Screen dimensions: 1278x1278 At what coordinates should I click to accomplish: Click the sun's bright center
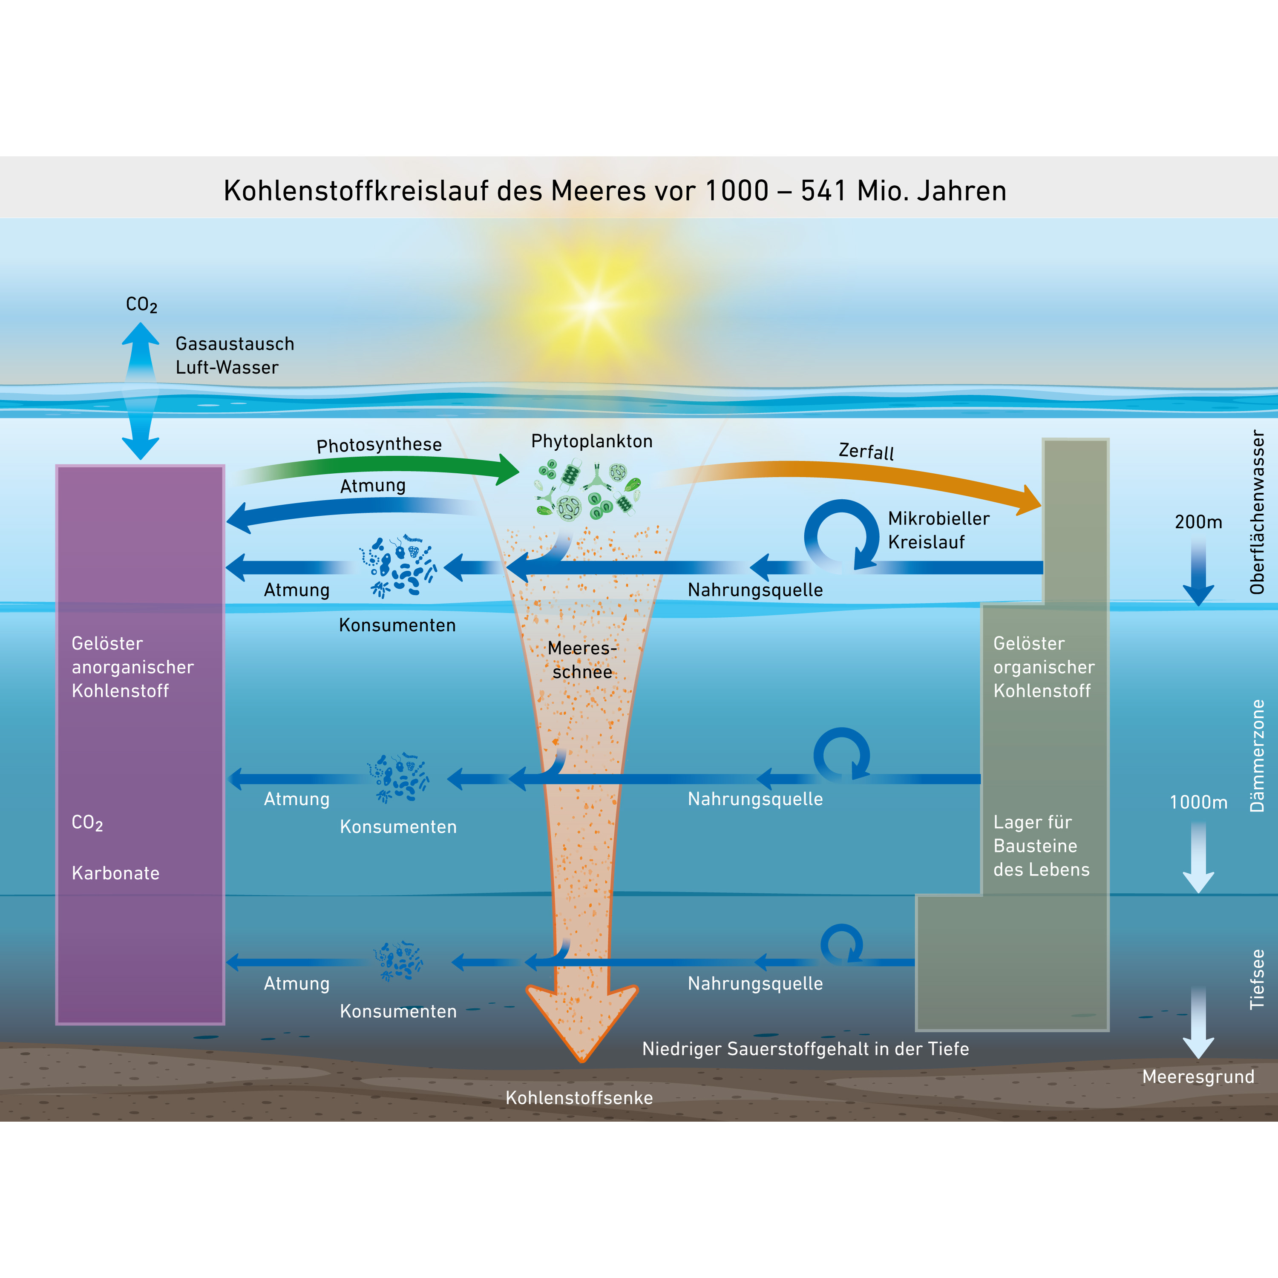click(592, 305)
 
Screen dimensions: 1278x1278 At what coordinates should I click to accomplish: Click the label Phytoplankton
click(591, 441)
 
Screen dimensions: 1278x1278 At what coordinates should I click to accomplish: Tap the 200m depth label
click(1198, 522)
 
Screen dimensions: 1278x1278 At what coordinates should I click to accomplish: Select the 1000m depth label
click(1198, 803)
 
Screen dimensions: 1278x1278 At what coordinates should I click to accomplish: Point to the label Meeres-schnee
click(582, 659)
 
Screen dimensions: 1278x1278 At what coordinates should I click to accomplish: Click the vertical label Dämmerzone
click(1257, 755)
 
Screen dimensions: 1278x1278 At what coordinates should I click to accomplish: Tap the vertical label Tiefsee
click(1257, 979)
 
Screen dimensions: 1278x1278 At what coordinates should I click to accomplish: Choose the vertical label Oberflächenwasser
click(1257, 512)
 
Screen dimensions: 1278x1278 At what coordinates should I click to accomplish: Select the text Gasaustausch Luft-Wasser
click(234, 355)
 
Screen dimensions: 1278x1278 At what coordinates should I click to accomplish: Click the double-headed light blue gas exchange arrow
click(140, 390)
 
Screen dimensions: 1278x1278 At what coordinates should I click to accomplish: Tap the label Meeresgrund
click(1198, 1076)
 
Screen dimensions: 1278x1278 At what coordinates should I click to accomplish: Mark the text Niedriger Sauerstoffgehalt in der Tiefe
click(805, 1048)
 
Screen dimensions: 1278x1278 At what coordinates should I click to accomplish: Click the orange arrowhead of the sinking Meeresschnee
click(582, 1022)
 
